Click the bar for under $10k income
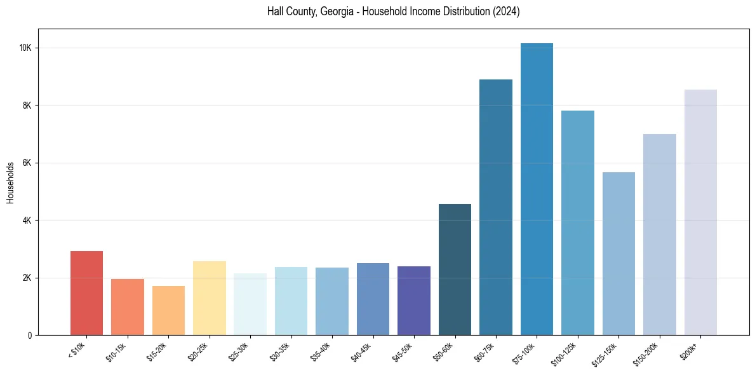pyautogui.click(x=86, y=293)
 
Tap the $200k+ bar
pyautogui.click(x=700, y=212)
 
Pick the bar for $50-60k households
pyautogui.click(x=455, y=269)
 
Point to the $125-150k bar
pyautogui.click(x=618, y=254)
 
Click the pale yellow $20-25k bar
pyautogui.click(x=209, y=298)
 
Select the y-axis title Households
pyautogui.click(x=10, y=182)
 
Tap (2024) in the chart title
pyautogui.click(x=506, y=11)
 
